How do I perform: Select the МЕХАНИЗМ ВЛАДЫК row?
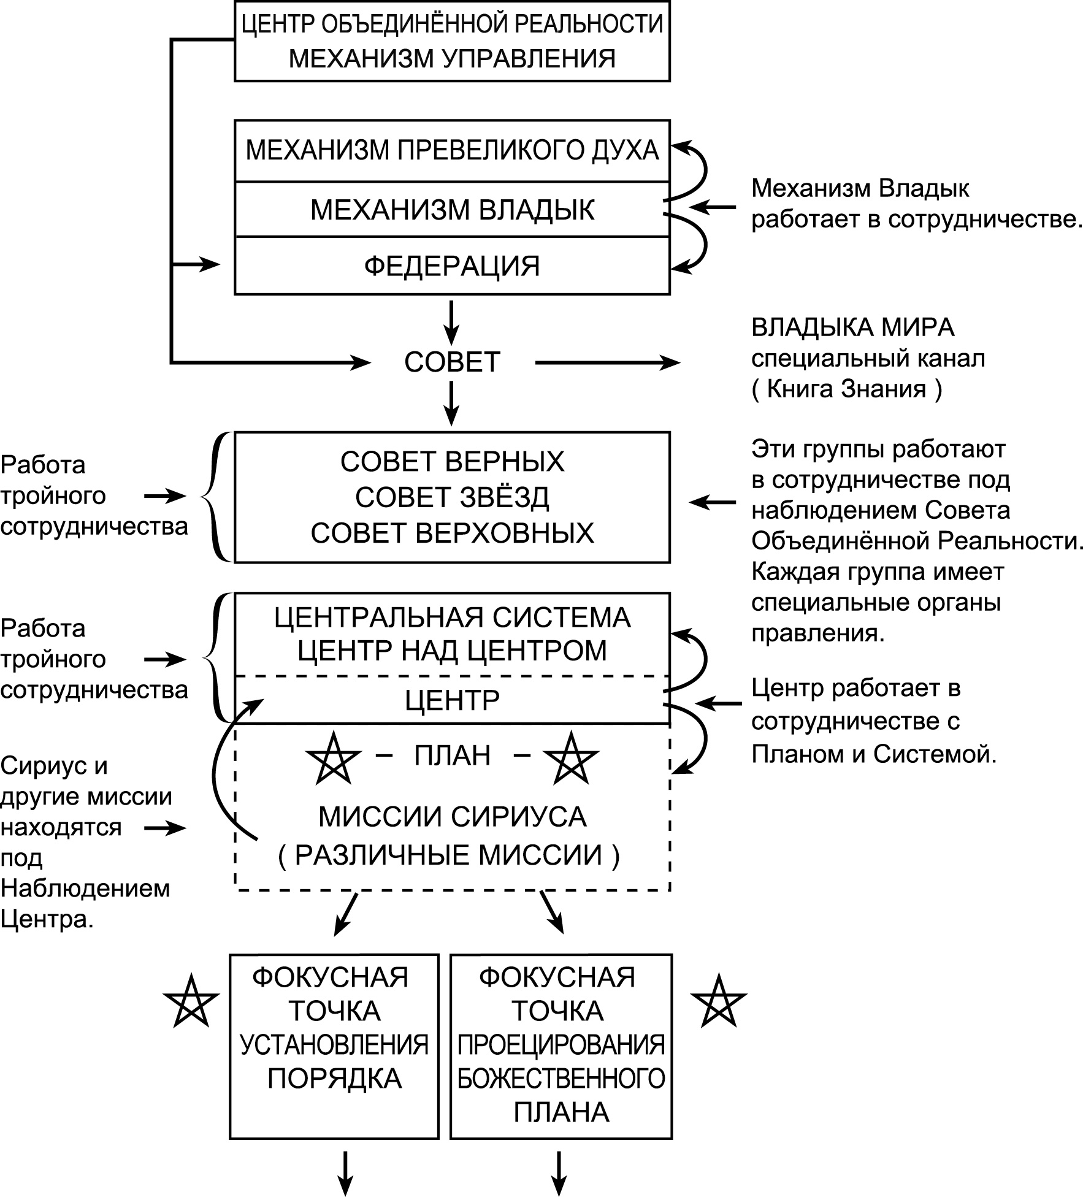pyautogui.click(x=452, y=210)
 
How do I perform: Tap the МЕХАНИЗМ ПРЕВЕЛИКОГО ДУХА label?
pyautogui.click(x=452, y=150)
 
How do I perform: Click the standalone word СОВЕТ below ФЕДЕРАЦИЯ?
pyautogui.click(x=452, y=362)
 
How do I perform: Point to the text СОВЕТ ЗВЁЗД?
pyautogui.click(x=452, y=497)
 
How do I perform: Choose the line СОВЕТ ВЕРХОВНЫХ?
pyautogui.click(x=452, y=533)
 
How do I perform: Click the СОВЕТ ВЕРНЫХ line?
pyautogui.click(x=452, y=462)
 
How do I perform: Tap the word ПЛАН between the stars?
pyautogui.click(x=452, y=755)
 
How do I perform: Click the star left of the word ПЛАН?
pyautogui.click(x=333, y=759)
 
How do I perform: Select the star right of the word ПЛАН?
pyautogui.click(x=571, y=759)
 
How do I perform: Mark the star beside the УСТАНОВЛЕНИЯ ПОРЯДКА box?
pyautogui.click(x=191, y=1001)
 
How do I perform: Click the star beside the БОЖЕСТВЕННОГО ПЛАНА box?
pyautogui.click(x=718, y=1001)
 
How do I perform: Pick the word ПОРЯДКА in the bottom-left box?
pyautogui.click(x=334, y=1078)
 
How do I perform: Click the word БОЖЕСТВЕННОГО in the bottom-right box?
pyautogui.click(x=561, y=1078)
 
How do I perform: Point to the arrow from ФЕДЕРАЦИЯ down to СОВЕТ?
pyautogui.click(x=451, y=321)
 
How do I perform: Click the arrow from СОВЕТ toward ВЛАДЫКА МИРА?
pyautogui.click(x=607, y=362)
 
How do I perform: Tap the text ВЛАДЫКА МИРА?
pyautogui.click(x=853, y=328)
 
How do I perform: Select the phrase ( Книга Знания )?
pyautogui.click(x=846, y=389)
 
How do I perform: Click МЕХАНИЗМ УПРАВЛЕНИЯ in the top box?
pyautogui.click(x=452, y=58)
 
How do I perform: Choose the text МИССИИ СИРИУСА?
pyautogui.click(x=452, y=816)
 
